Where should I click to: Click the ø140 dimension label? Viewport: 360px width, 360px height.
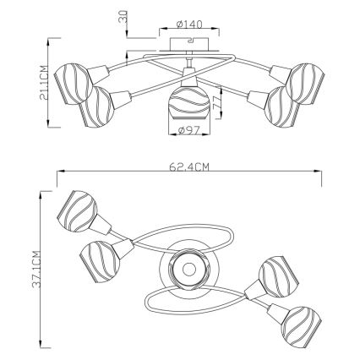[189, 25]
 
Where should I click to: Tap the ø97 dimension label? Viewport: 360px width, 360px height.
[189, 130]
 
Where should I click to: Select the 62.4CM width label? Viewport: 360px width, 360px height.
[189, 167]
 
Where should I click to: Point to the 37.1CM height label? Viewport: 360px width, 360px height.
[36, 269]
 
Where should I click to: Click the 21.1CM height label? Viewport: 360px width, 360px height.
[43, 83]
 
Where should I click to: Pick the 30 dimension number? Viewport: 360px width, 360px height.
[123, 16]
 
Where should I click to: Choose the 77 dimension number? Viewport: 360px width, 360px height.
[215, 103]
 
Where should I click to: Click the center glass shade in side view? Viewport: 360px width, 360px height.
[189, 104]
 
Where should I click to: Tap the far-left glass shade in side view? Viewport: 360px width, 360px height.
[74, 84]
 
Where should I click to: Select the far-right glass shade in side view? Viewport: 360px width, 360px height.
[305, 84]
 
